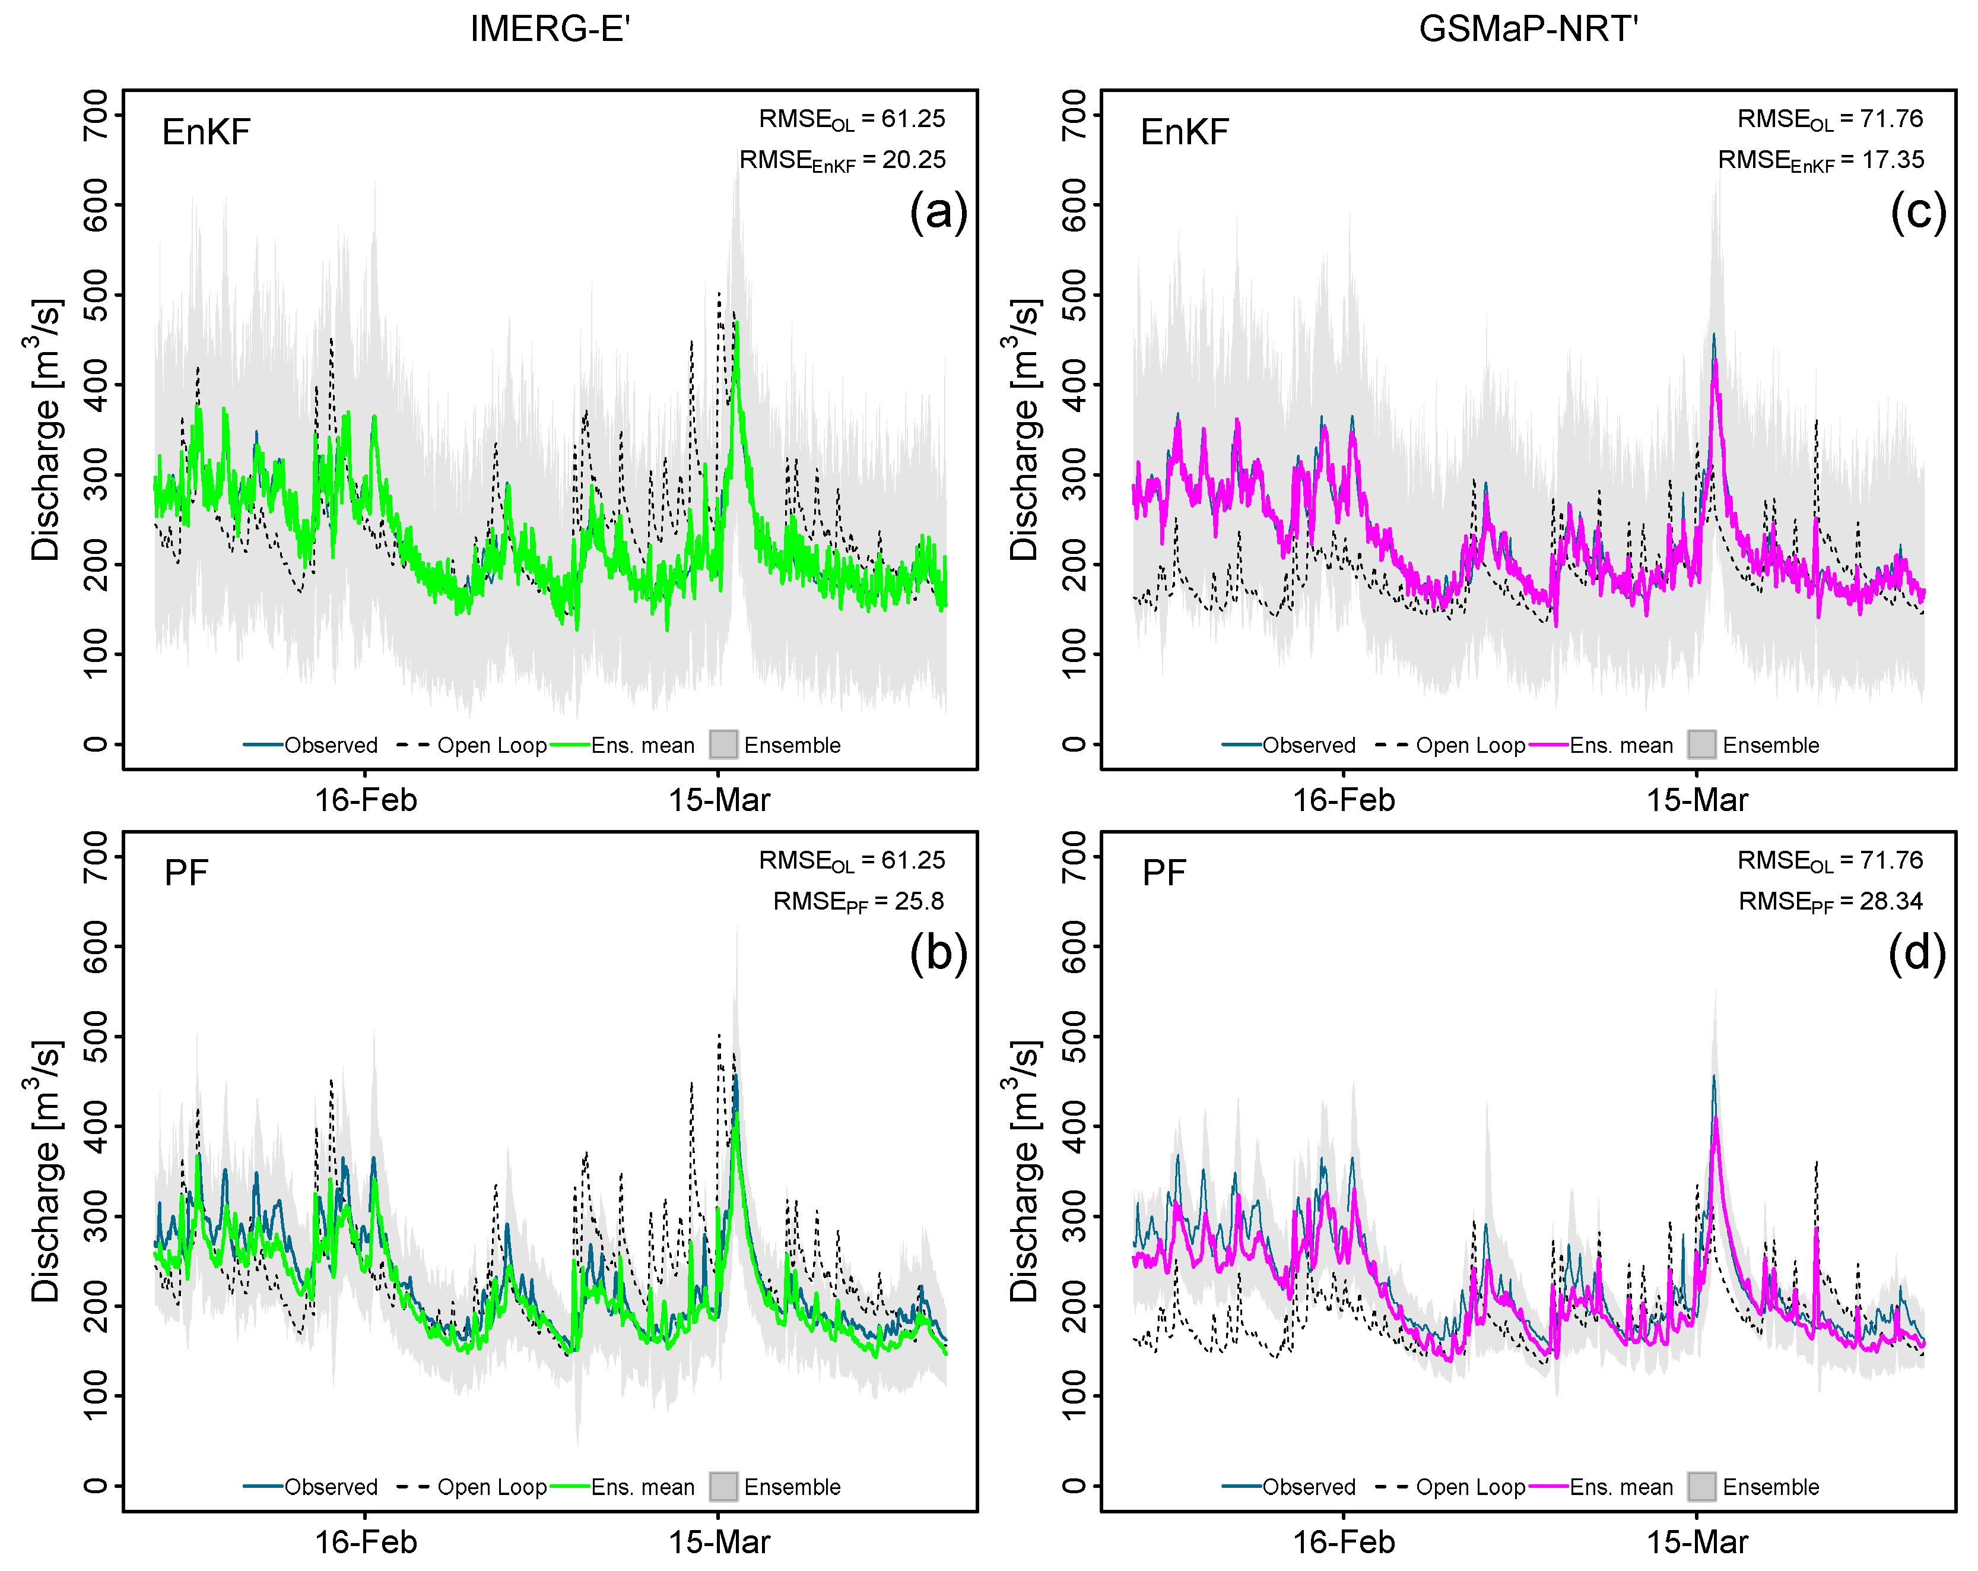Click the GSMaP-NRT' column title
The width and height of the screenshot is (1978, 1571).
1529,29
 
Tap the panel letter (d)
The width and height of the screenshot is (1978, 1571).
1916,954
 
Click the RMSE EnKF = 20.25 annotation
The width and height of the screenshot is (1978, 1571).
842,160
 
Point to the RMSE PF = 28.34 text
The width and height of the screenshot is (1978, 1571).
1830,902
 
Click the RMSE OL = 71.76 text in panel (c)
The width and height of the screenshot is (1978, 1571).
1830,119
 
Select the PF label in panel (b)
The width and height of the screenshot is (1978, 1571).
186,873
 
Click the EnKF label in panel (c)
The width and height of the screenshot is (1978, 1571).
1183,132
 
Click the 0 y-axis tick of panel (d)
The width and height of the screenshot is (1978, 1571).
1074,1485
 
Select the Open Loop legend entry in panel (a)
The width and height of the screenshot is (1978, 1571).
491,745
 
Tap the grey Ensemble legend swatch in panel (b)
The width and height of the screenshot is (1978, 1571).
723,1487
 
